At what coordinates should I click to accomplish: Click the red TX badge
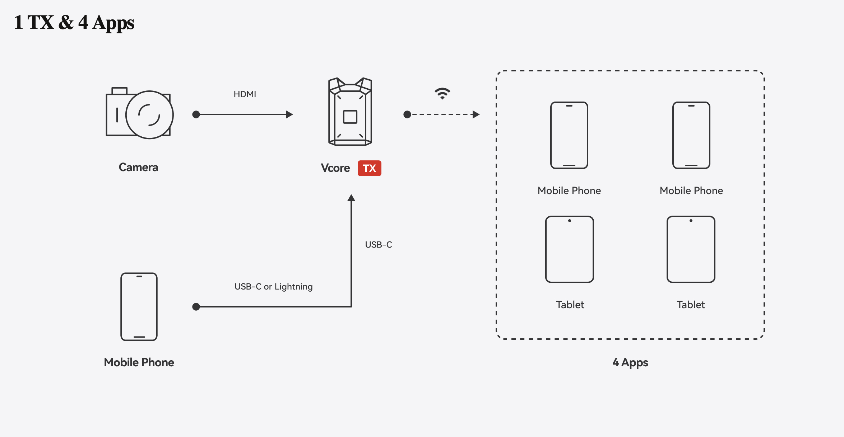pyautogui.click(x=369, y=168)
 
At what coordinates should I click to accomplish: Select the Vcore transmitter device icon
pyautogui.click(x=350, y=112)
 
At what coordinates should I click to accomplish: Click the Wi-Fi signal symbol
pyautogui.click(x=442, y=93)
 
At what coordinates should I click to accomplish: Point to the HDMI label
pyautogui.click(x=245, y=94)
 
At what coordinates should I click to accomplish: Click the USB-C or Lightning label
pyautogui.click(x=273, y=287)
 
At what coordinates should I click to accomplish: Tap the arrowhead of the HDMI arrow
pyautogui.click(x=289, y=114)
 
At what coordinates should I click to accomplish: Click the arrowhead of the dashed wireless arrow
pyautogui.click(x=476, y=114)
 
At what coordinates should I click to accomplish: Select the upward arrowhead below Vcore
pyautogui.click(x=351, y=198)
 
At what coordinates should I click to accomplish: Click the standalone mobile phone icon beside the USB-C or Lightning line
pyautogui.click(x=139, y=307)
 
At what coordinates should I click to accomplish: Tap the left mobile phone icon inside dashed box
pyautogui.click(x=569, y=135)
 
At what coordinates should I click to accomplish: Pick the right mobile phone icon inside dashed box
pyautogui.click(x=691, y=135)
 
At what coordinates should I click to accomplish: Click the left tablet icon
pyautogui.click(x=570, y=249)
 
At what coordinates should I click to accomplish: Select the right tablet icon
pyautogui.click(x=691, y=249)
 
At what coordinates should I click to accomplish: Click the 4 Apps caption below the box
pyautogui.click(x=630, y=362)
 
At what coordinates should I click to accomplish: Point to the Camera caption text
pyautogui.click(x=138, y=168)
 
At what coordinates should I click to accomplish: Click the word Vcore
pyautogui.click(x=335, y=168)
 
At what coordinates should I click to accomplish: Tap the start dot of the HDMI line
pyautogui.click(x=196, y=114)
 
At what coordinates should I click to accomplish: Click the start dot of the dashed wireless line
pyautogui.click(x=407, y=114)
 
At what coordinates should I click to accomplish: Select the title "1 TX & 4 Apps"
pyautogui.click(x=74, y=23)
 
